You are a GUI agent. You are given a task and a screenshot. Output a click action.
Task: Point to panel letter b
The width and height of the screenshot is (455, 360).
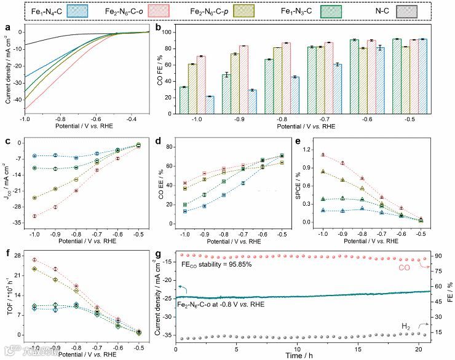[159, 27]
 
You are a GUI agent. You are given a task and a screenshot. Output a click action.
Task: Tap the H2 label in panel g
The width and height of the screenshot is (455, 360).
[406, 325]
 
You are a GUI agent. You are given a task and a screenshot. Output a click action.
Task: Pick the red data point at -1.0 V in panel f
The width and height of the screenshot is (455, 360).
[34, 260]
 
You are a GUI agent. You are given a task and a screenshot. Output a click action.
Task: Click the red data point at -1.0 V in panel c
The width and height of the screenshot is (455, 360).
[34, 216]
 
